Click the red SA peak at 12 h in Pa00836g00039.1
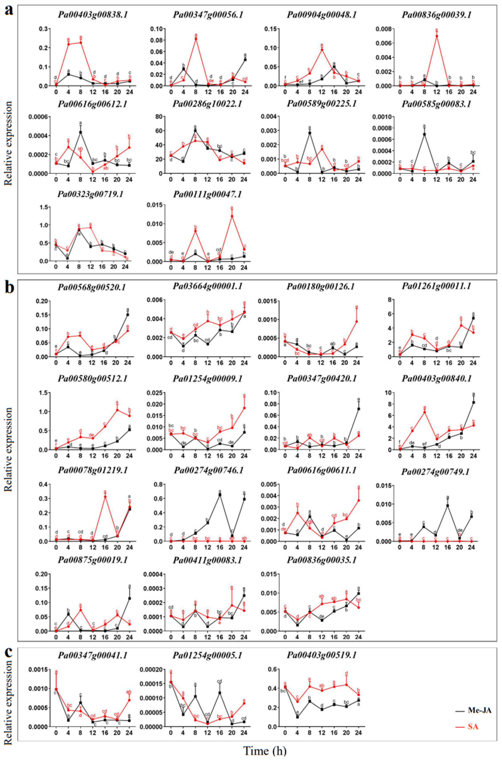[436, 36]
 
